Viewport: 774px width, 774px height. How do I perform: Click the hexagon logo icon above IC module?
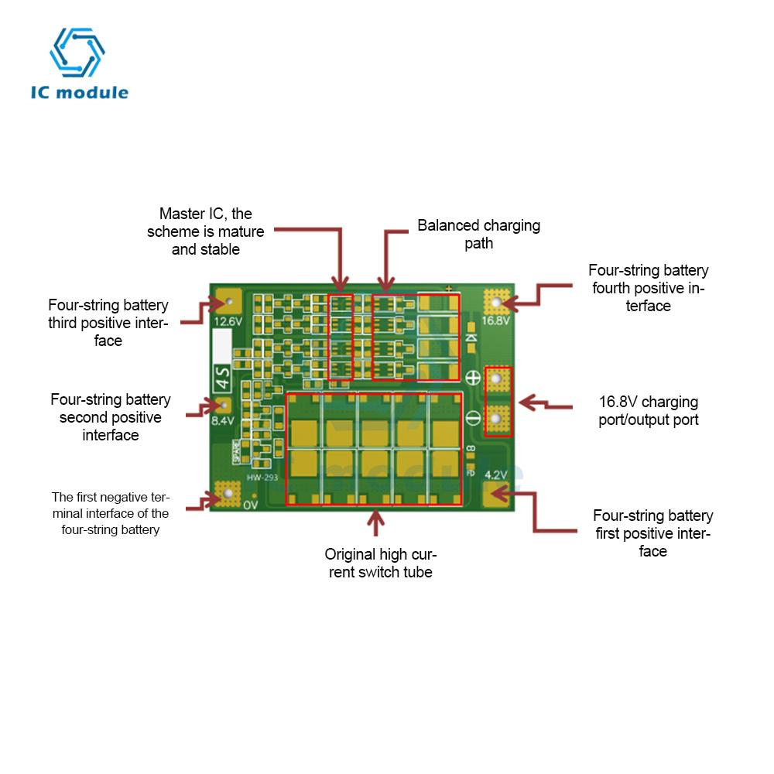[x=77, y=53]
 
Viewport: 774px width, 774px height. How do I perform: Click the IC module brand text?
[x=79, y=93]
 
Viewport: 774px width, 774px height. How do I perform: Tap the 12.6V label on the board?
[x=228, y=321]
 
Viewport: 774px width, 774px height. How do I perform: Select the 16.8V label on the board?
[x=495, y=321]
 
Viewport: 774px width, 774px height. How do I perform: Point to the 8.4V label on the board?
[x=222, y=421]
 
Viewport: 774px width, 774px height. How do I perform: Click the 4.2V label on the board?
[x=495, y=475]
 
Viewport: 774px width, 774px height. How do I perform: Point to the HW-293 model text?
[x=262, y=478]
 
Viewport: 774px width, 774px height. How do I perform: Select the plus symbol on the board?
[x=473, y=378]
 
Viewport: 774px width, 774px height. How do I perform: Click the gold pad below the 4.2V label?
[x=496, y=495]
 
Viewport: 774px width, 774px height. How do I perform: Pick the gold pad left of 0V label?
[x=228, y=493]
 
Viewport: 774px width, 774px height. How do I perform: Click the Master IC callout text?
[x=206, y=231]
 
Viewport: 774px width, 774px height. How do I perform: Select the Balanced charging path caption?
[x=478, y=234]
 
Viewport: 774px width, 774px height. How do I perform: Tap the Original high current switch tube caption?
[x=380, y=563]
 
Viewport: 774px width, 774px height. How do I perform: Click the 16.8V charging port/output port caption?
[x=649, y=411]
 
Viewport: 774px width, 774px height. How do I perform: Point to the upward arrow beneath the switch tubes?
[x=376, y=522]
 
